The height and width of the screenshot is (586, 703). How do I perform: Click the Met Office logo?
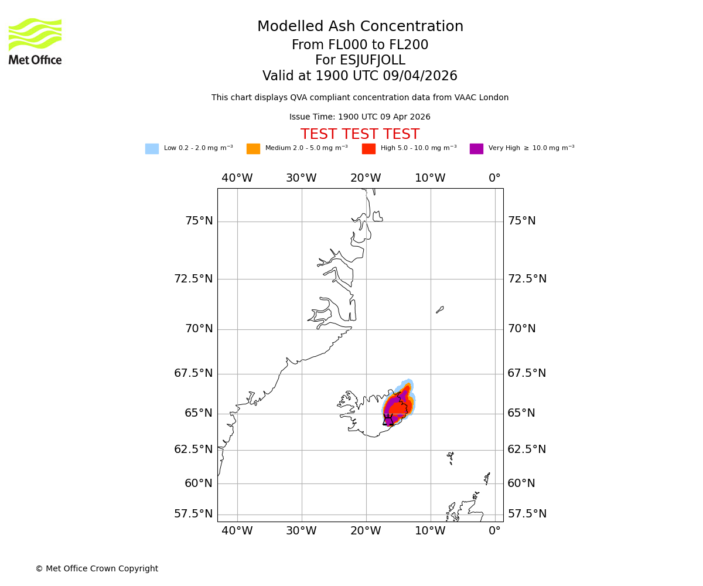(x=35, y=41)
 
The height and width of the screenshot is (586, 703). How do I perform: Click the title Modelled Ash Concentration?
(x=360, y=27)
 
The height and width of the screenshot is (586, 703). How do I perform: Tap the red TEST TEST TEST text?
(x=360, y=134)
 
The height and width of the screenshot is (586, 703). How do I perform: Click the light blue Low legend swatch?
(x=152, y=149)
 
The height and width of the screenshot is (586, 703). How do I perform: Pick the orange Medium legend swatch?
(x=253, y=149)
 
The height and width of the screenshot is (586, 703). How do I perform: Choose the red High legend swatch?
(x=368, y=149)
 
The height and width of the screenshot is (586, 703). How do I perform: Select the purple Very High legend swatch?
(x=476, y=149)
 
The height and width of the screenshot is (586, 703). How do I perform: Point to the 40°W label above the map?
(x=237, y=178)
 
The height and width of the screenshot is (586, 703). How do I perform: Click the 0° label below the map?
(x=495, y=531)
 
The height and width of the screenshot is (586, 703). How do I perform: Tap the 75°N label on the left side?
(x=199, y=221)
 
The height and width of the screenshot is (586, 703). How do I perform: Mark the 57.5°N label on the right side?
(x=527, y=514)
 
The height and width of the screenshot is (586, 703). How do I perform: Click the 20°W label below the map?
(x=366, y=531)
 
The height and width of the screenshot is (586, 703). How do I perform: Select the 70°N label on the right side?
(x=521, y=329)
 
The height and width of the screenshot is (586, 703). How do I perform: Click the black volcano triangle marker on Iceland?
(x=388, y=420)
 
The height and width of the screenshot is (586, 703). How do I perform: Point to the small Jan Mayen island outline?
(x=440, y=309)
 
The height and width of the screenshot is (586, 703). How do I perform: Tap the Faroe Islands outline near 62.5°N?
(x=450, y=457)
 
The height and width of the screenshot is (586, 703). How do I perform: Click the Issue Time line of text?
(x=360, y=117)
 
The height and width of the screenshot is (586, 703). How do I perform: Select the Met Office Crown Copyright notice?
(x=97, y=569)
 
